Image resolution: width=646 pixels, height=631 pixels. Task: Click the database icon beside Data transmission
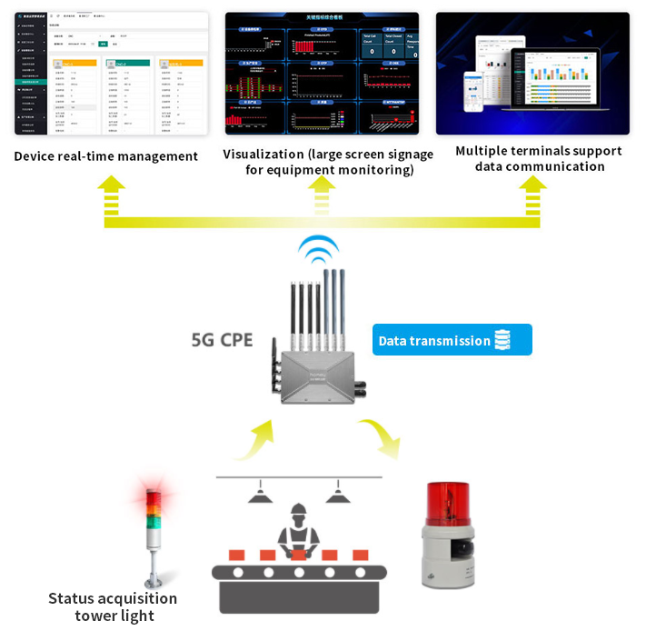pyautogui.click(x=504, y=340)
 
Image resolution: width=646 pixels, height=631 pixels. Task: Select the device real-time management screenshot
pyautogui.click(x=112, y=74)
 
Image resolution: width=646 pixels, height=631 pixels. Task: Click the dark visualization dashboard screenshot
pyautogui.click(x=322, y=74)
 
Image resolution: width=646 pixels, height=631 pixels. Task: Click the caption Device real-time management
pyautogui.click(x=106, y=156)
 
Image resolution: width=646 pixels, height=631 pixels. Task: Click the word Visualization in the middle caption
pyautogui.click(x=263, y=155)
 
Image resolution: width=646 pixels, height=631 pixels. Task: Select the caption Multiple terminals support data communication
pyautogui.click(x=539, y=159)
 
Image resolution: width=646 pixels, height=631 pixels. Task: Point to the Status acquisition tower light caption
pyautogui.click(x=113, y=607)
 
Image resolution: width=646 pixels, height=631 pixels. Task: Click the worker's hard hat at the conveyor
pyautogui.click(x=299, y=512)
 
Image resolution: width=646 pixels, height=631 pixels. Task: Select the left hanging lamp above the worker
pyautogui.click(x=260, y=495)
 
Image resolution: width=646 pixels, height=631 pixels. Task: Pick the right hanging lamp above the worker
pyautogui.click(x=338, y=495)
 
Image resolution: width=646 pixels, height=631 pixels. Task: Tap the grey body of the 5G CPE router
pyautogui.click(x=318, y=374)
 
